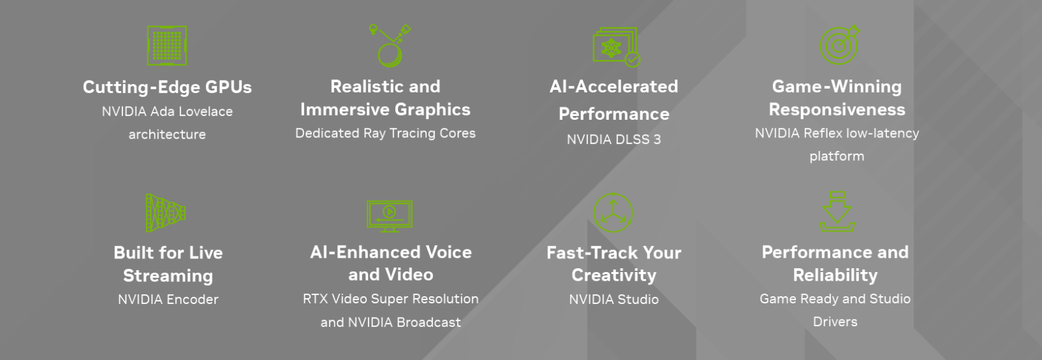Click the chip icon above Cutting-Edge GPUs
(167, 46)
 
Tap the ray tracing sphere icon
(390, 46)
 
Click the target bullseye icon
(839, 45)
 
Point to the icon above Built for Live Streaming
(166, 213)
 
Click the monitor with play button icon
(389, 216)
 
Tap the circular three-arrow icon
(613, 213)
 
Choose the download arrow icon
(837, 212)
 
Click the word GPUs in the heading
(229, 87)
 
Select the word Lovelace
(206, 111)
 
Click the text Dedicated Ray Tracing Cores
(385, 133)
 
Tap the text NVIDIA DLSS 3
(613, 139)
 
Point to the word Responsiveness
(837, 110)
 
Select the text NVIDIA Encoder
(168, 299)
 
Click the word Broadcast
(429, 322)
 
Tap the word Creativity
(613, 275)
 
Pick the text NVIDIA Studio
(613, 299)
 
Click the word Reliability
(835, 275)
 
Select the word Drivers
(835, 322)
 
